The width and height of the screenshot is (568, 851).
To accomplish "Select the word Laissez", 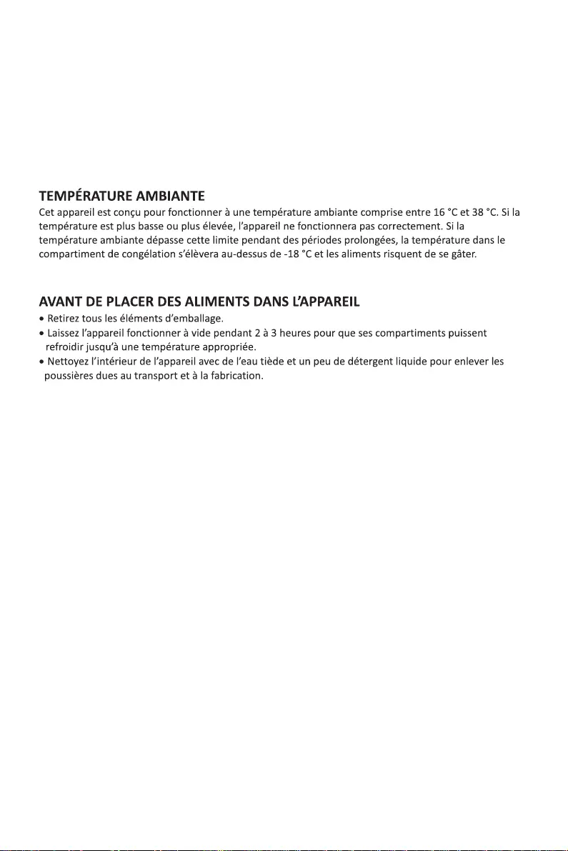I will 64,333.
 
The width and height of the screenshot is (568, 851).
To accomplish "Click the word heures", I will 294,333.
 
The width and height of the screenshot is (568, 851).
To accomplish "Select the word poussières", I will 71,376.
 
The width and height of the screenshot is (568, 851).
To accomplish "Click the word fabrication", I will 236,376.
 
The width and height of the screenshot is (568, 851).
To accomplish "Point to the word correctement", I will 406,227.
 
